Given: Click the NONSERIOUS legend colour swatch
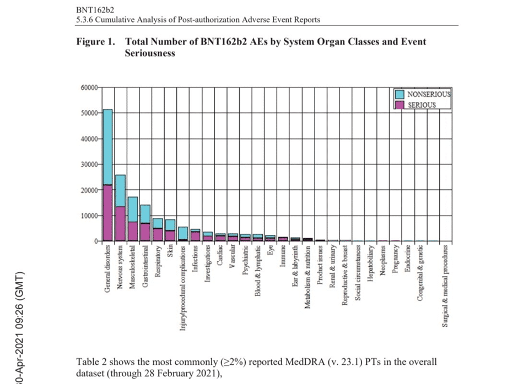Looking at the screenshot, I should (x=400, y=94).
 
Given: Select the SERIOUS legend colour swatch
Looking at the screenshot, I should (x=400, y=105).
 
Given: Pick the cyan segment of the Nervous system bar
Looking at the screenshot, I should (x=120, y=190).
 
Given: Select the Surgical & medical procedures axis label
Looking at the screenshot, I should (x=445, y=286).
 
